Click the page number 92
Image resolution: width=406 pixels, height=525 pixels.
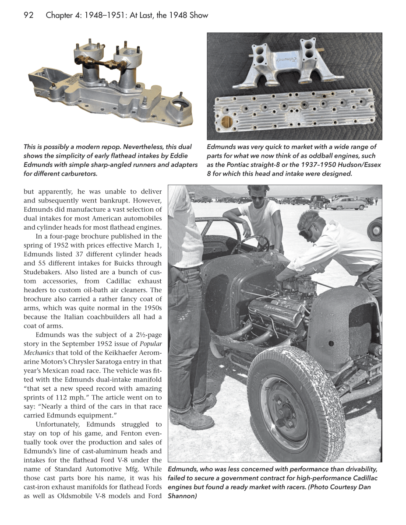pos(29,15)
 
